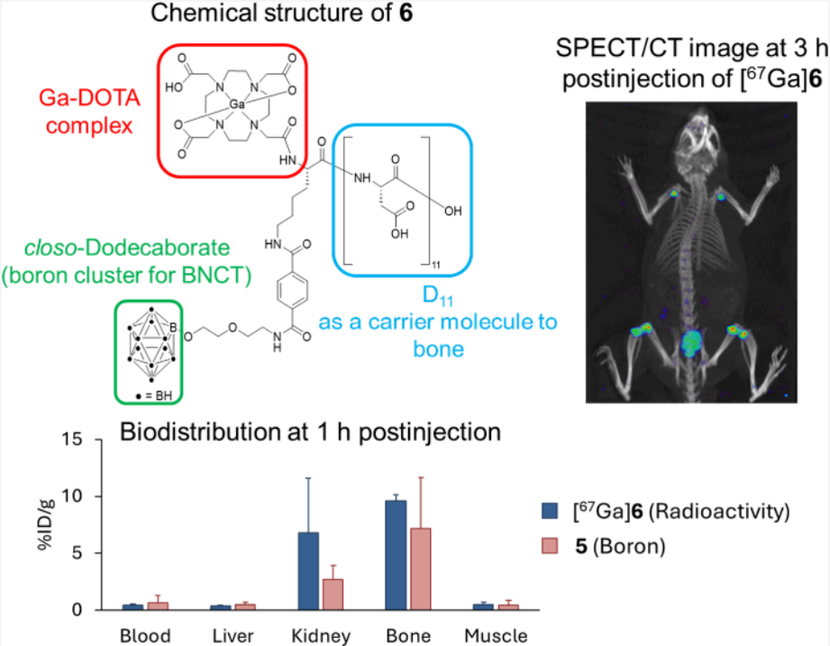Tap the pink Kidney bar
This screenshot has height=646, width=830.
point(333,595)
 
